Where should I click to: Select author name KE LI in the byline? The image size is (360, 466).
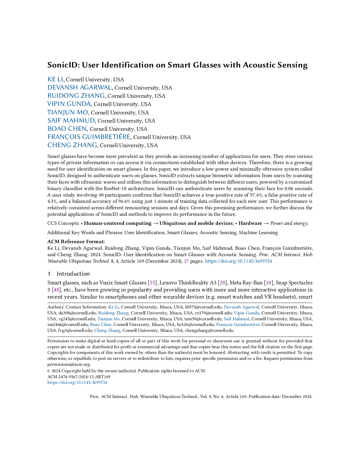pyautogui.click(x=55, y=79)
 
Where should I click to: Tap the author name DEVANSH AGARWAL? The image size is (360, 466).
pyautogui.click(x=79, y=88)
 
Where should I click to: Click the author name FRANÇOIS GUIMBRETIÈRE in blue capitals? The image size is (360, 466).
pyautogui.click(x=89, y=137)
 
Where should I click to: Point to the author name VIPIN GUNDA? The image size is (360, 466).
pyautogui.click(x=69, y=104)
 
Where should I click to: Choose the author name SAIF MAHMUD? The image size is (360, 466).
pyautogui.click(x=71, y=121)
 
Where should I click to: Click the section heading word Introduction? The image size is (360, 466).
pyautogui.click(x=73, y=274)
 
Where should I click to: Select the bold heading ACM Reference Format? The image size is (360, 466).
pyautogui.click(x=76, y=242)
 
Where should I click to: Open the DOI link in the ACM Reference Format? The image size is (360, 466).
pyautogui.click(x=238, y=261)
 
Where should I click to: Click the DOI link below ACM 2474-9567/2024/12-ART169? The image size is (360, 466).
pyautogui.click(x=77, y=383)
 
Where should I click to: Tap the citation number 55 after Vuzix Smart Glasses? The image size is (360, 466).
pyautogui.click(x=152, y=283)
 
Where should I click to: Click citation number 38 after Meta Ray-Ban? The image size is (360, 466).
pyautogui.click(x=269, y=283)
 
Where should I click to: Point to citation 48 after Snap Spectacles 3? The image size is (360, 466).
pyautogui.click(x=56, y=290)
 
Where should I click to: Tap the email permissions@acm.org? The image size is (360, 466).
pyautogui.click(x=69, y=365)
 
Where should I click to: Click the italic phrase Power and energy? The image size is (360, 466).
pyautogui.click(x=289, y=223)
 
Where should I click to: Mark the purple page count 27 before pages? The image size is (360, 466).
pyautogui.click(x=186, y=261)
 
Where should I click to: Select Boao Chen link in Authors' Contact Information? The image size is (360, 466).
pyautogui.click(x=101, y=325)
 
